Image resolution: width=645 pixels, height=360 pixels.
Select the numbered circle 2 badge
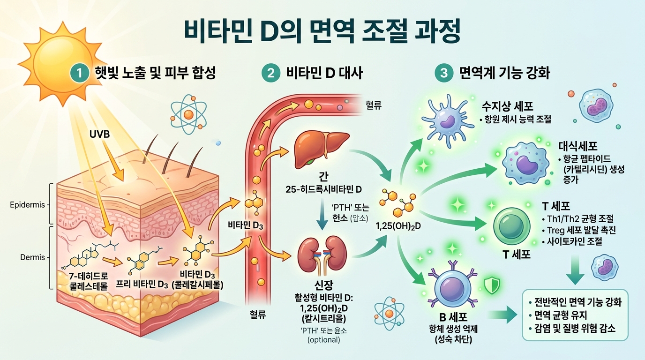pos(270,74)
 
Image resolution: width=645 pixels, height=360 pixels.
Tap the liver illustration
pos(321,148)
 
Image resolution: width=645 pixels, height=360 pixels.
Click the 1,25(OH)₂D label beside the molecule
pos(399,226)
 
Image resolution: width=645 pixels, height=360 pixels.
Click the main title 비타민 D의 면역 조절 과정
pos(322,30)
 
